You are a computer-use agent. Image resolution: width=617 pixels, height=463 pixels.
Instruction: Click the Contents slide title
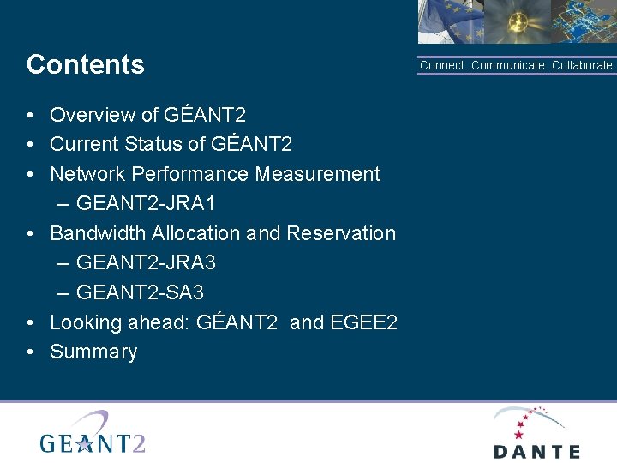coord(86,64)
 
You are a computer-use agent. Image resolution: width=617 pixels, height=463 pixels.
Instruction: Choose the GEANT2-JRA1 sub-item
coord(146,203)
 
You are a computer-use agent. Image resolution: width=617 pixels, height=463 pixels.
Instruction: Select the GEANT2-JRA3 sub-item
coord(146,263)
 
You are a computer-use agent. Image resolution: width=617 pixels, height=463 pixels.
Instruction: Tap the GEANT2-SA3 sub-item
coord(140,292)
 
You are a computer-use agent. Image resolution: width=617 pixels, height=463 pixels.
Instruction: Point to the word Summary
coord(93,352)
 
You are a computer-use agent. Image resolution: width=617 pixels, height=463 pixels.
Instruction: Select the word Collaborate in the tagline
coord(582,65)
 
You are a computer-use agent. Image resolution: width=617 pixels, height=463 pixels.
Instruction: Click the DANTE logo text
coord(536,451)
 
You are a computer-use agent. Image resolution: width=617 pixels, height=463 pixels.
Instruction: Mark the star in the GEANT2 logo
coord(85,442)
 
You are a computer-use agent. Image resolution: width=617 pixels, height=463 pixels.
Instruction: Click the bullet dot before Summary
coord(30,352)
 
